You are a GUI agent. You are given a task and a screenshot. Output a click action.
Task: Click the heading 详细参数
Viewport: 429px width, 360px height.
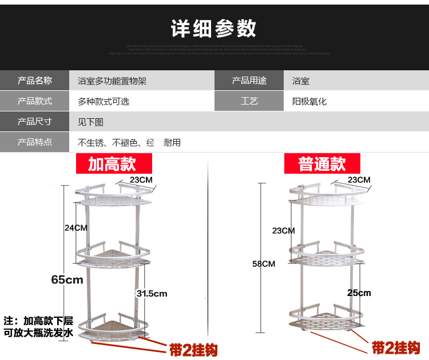coord(214,28)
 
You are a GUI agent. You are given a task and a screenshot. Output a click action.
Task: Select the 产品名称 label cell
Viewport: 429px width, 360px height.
coord(35,81)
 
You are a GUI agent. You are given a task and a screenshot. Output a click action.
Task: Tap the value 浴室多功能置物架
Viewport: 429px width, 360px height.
coord(112,81)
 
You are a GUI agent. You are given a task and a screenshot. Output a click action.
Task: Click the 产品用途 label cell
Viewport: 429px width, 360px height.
coord(249,81)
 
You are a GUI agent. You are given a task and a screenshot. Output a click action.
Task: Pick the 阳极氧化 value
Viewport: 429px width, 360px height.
coord(309,102)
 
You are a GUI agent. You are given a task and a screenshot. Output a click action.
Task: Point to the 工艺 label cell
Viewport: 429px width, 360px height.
coord(249,102)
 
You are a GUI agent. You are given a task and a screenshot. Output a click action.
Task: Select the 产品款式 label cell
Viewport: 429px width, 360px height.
coord(35,102)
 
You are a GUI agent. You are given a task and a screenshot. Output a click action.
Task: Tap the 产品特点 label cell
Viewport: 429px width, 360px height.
coord(35,142)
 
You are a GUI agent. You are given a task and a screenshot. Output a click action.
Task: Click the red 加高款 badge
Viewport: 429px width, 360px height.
coord(112,164)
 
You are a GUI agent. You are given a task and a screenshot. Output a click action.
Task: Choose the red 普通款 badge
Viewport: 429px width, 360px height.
coord(322,164)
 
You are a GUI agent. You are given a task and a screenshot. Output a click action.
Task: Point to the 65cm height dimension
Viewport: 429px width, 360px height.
coord(67,279)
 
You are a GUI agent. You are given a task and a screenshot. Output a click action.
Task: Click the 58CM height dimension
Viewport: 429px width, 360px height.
coord(264,263)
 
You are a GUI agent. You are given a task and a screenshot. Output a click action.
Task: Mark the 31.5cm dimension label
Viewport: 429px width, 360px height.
coord(152,293)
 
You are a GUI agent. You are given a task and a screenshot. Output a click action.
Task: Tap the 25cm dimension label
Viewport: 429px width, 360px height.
coord(359,293)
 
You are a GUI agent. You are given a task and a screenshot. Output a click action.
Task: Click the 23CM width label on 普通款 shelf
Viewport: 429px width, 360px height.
coord(359,180)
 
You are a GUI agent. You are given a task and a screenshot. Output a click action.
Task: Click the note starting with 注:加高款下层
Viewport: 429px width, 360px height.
coord(38,326)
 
